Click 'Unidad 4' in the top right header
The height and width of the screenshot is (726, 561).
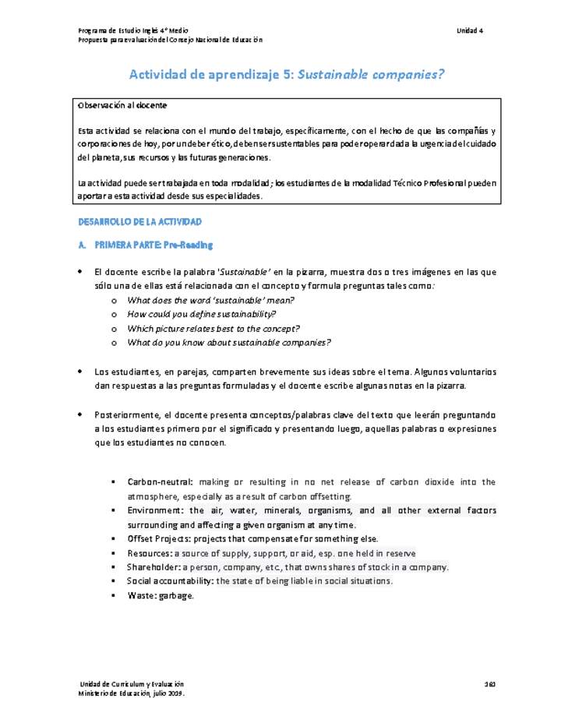click(x=470, y=30)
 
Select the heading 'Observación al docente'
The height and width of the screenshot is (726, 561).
click(x=122, y=104)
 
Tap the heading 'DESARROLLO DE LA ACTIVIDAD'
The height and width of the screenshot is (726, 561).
click(x=140, y=222)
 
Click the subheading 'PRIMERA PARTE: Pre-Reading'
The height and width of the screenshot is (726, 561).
click(x=153, y=245)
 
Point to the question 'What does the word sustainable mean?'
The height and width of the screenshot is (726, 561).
click(x=210, y=300)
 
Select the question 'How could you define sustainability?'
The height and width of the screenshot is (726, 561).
click(x=201, y=314)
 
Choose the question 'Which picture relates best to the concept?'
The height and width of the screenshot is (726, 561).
click(x=213, y=328)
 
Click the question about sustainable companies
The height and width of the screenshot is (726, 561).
click(x=228, y=342)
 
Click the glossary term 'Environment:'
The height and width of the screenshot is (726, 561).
click(x=155, y=510)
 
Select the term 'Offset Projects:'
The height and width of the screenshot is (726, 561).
click(x=159, y=538)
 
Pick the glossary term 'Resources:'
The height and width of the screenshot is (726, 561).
click(x=150, y=552)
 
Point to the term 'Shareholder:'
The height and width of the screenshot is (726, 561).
click(x=153, y=566)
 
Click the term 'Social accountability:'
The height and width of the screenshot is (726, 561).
click(x=170, y=580)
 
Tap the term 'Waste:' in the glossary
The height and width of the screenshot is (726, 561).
click(x=142, y=595)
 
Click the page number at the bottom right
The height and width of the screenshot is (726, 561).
click(x=490, y=683)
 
